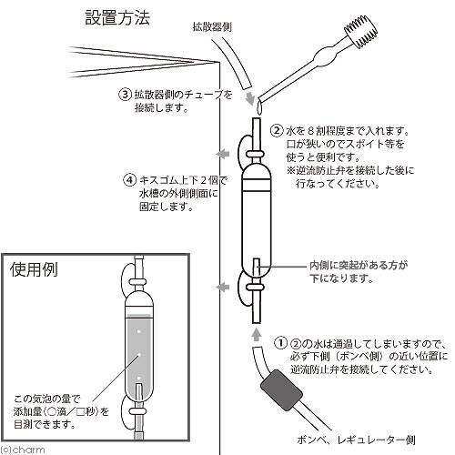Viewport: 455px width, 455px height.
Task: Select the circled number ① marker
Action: [282, 344]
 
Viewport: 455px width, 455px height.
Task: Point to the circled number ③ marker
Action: [126, 94]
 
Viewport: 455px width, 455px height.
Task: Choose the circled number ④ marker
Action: [128, 178]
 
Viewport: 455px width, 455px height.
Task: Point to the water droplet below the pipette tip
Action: [257, 107]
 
